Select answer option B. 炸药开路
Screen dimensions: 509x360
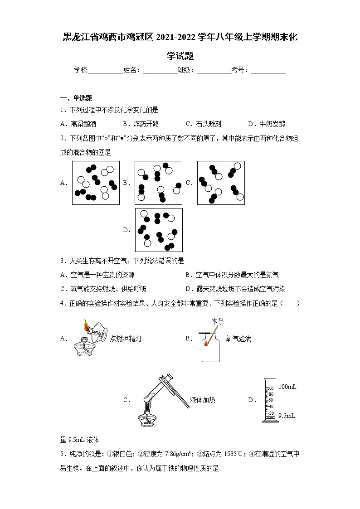click(141, 124)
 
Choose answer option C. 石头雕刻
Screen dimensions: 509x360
click(203, 124)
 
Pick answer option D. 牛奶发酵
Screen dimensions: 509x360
click(266, 124)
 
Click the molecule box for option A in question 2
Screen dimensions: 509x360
click(96, 183)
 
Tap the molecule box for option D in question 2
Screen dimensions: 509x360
click(159, 230)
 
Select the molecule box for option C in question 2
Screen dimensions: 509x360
click(221, 183)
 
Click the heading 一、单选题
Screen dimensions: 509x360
click(76, 98)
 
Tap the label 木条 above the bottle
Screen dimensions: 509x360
click(218, 321)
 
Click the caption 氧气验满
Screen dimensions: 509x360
click(238, 338)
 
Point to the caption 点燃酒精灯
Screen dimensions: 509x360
click(126, 338)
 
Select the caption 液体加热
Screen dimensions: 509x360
click(203, 400)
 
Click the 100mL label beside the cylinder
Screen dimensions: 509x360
click(287, 386)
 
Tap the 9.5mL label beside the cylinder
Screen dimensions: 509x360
click(287, 415)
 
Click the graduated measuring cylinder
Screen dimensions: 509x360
click(270, 402)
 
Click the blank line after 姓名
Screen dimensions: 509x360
click(160, 71)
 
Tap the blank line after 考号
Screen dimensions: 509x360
click(268, 71)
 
